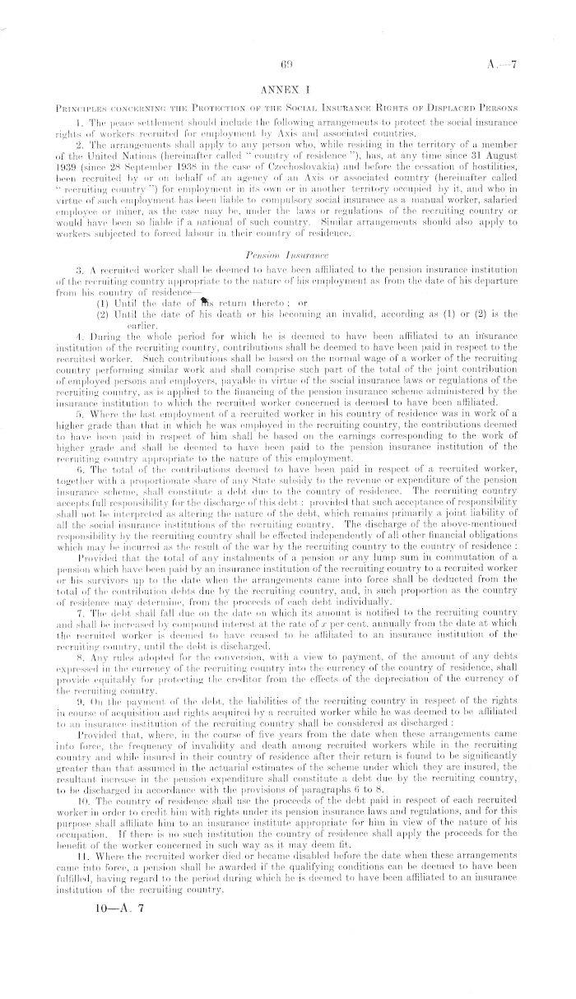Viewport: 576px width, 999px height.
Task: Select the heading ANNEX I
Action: pos(288,87)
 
